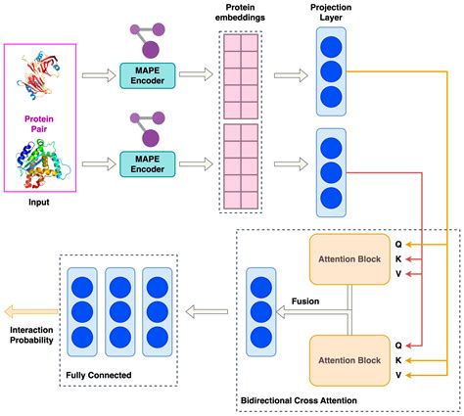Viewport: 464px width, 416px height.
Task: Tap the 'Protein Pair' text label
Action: coord(38,124)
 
